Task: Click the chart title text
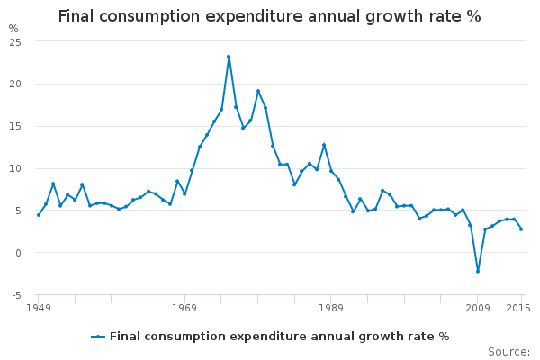(x=269, y=16)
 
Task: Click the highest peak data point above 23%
(x=229, y=57)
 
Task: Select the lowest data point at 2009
(x=478, y=271)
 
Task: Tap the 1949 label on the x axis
(x=38, y=308)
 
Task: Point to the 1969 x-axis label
(x=184, y=308)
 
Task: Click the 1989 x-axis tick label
(x=330, y=308)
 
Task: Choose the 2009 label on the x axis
(x=477, y=308)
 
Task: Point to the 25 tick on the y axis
(x=14, y=41)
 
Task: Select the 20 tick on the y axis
(x=14, y=84)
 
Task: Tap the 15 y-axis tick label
(x=14, y=126)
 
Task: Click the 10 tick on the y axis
(x=14, y=168)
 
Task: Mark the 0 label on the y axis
(x=17, y=253)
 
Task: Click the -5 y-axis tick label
(x=14, y=295)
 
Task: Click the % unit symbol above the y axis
(x=13, y=29)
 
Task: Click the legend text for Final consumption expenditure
(x=279, y=337)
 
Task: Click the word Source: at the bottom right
(x=508, y=352)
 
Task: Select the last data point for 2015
(x=521, y=229)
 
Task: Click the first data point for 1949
(x=38, y=215)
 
